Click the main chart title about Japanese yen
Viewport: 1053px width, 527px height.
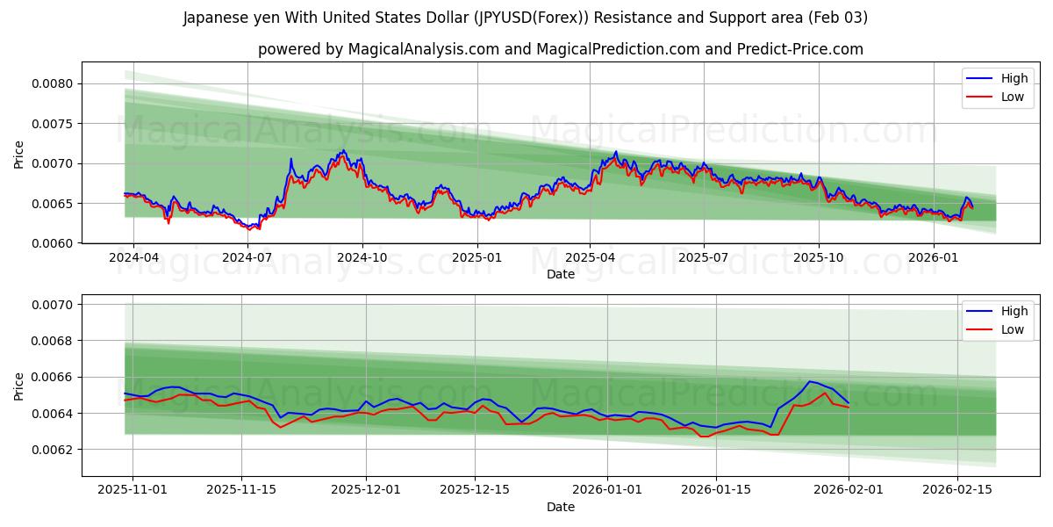[x=525, y=18]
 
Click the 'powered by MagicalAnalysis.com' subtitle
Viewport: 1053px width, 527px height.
[x=560, y=49]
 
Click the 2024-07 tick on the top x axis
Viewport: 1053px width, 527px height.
[x=247, y=258]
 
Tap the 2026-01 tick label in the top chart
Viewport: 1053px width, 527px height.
[x=933, y=258]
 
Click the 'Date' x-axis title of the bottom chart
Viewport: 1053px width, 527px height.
[x=560, y=507]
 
